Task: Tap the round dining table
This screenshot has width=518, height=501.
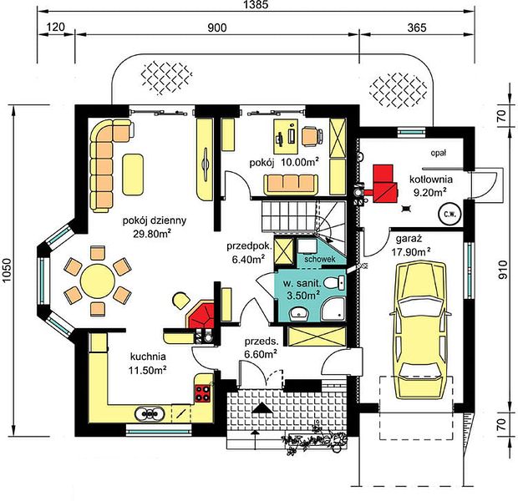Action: [98, 281]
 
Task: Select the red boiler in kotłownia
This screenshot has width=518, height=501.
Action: [384, 184]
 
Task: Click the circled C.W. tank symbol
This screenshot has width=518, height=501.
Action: [449, 215]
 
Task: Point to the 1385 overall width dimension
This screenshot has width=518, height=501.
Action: [256, 4]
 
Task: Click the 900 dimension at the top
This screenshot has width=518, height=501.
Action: [217, 28]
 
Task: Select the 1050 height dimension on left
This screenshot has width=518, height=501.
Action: [7, 271]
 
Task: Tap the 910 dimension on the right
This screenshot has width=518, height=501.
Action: [502, 270]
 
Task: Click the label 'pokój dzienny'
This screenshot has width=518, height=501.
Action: [155, 220]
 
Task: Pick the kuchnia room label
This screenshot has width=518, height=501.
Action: [148, 357]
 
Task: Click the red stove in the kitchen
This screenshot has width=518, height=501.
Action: [203, 393]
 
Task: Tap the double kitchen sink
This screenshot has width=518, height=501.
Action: [150, 413]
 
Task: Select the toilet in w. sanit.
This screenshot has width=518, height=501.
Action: [334, 283]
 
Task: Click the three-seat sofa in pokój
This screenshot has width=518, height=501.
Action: [291, 185]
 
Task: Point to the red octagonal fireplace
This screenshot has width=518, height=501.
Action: [201, 315]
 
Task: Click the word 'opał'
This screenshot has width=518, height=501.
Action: [439, 153]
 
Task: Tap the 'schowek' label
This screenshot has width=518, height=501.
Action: [320, 259]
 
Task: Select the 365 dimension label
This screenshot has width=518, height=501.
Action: [417, 28]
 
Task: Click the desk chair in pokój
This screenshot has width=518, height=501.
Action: [312, 136]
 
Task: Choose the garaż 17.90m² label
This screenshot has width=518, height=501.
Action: [410, 245]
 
